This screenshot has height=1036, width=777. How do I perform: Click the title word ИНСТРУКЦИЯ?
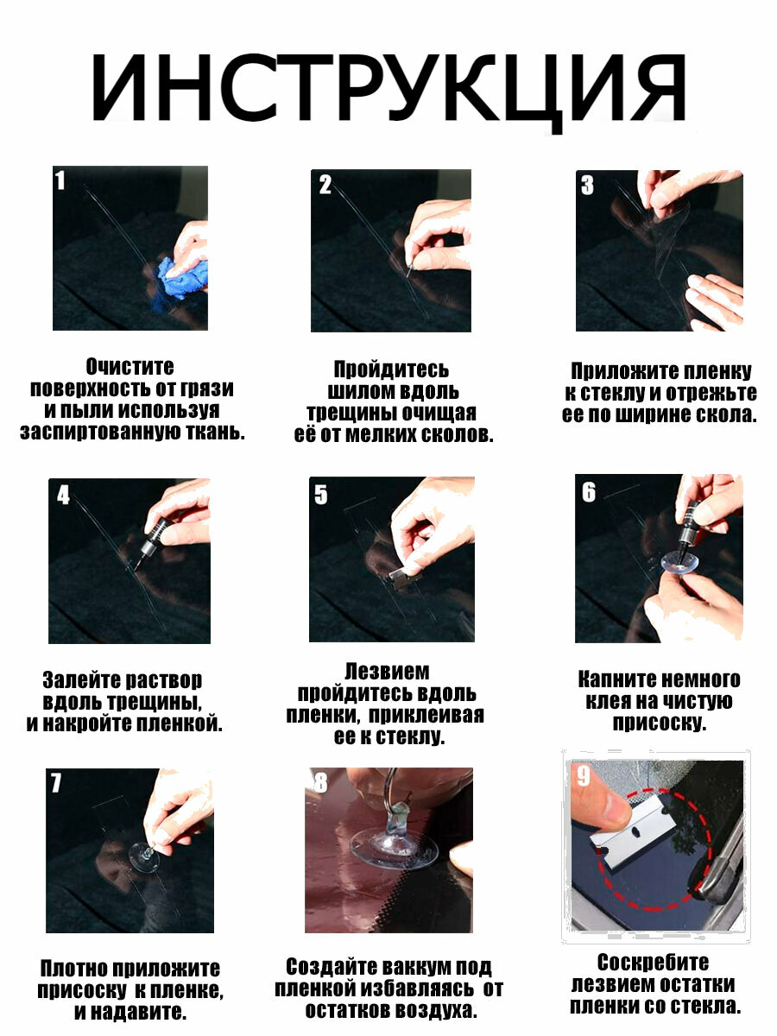click(388, 90)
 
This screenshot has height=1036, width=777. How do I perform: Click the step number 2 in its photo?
click(325, 185)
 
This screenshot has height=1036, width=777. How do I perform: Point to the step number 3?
click(587, 185)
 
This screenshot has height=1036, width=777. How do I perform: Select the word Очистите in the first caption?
click(129, 367)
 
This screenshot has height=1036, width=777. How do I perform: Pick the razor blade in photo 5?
click(400, 578)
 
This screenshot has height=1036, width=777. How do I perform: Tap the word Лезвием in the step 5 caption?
click(387, 672)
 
